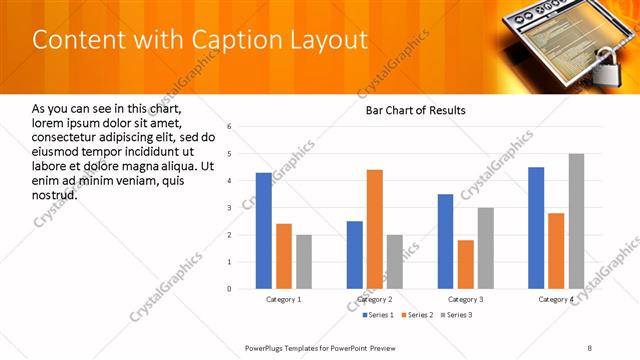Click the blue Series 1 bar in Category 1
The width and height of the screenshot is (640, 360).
(264, 231)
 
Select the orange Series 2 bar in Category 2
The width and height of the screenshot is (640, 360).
(375, 229)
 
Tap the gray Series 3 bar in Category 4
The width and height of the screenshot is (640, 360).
(576, 221)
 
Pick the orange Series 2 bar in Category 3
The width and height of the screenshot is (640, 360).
(466, 264)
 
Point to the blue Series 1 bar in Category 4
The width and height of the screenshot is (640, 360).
(536, 228)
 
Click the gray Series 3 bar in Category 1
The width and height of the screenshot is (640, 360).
(304, 262)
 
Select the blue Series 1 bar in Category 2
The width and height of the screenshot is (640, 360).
(355, 255)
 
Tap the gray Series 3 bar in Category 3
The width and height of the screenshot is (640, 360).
(486, 248)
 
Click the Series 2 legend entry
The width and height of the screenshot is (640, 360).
(415, 315)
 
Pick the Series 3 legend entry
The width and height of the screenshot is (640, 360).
(456, 315)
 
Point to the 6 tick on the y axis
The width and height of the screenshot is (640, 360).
(230, 127)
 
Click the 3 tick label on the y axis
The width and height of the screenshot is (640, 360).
(230, 208)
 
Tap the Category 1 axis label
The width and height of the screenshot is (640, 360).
(284, 299)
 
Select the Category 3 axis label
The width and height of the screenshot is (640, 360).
(466, 299)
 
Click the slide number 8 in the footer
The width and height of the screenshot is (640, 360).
(589, 347)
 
